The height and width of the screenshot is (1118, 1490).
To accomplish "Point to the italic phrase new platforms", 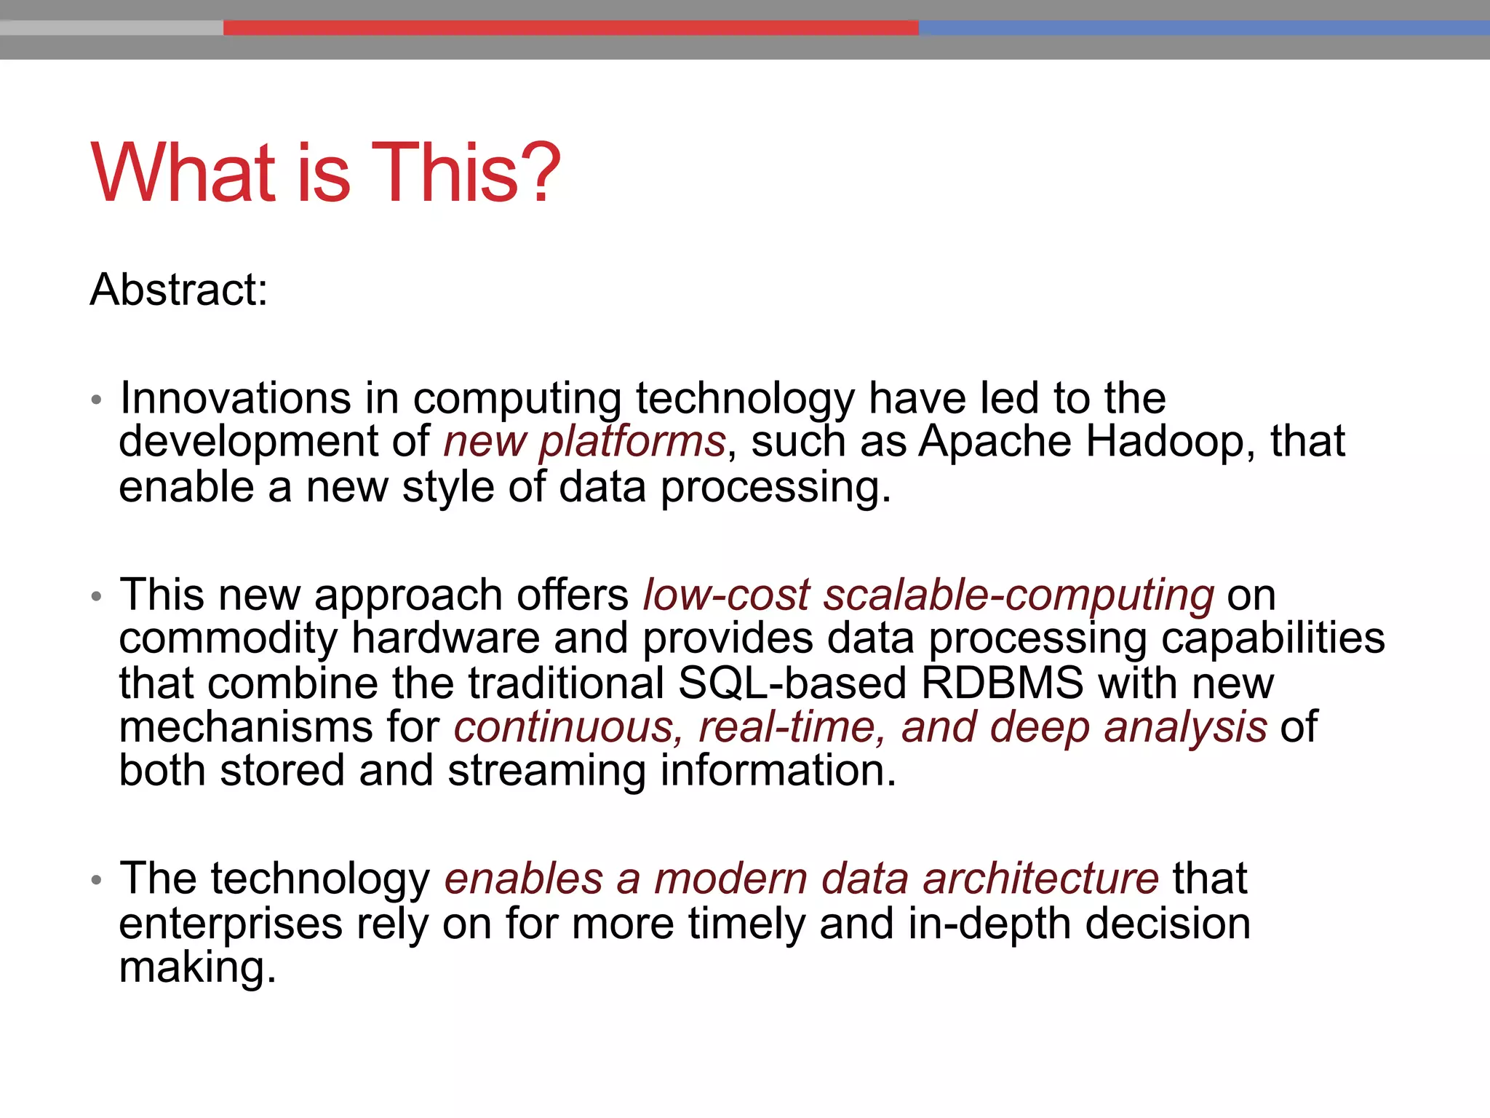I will tap(585, 442).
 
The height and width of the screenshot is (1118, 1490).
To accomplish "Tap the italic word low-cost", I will tap(726, 595).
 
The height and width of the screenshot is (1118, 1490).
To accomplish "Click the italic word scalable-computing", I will tap(1019, 595).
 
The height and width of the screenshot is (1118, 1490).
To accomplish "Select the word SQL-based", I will tap(792, 683).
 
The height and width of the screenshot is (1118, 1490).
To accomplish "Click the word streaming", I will tap(546, 771).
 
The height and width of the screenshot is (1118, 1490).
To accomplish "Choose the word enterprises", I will tap(231, 924).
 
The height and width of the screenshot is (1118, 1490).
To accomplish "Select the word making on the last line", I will tap(197, 968).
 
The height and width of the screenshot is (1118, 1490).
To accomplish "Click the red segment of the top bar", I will tap(570, 28).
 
